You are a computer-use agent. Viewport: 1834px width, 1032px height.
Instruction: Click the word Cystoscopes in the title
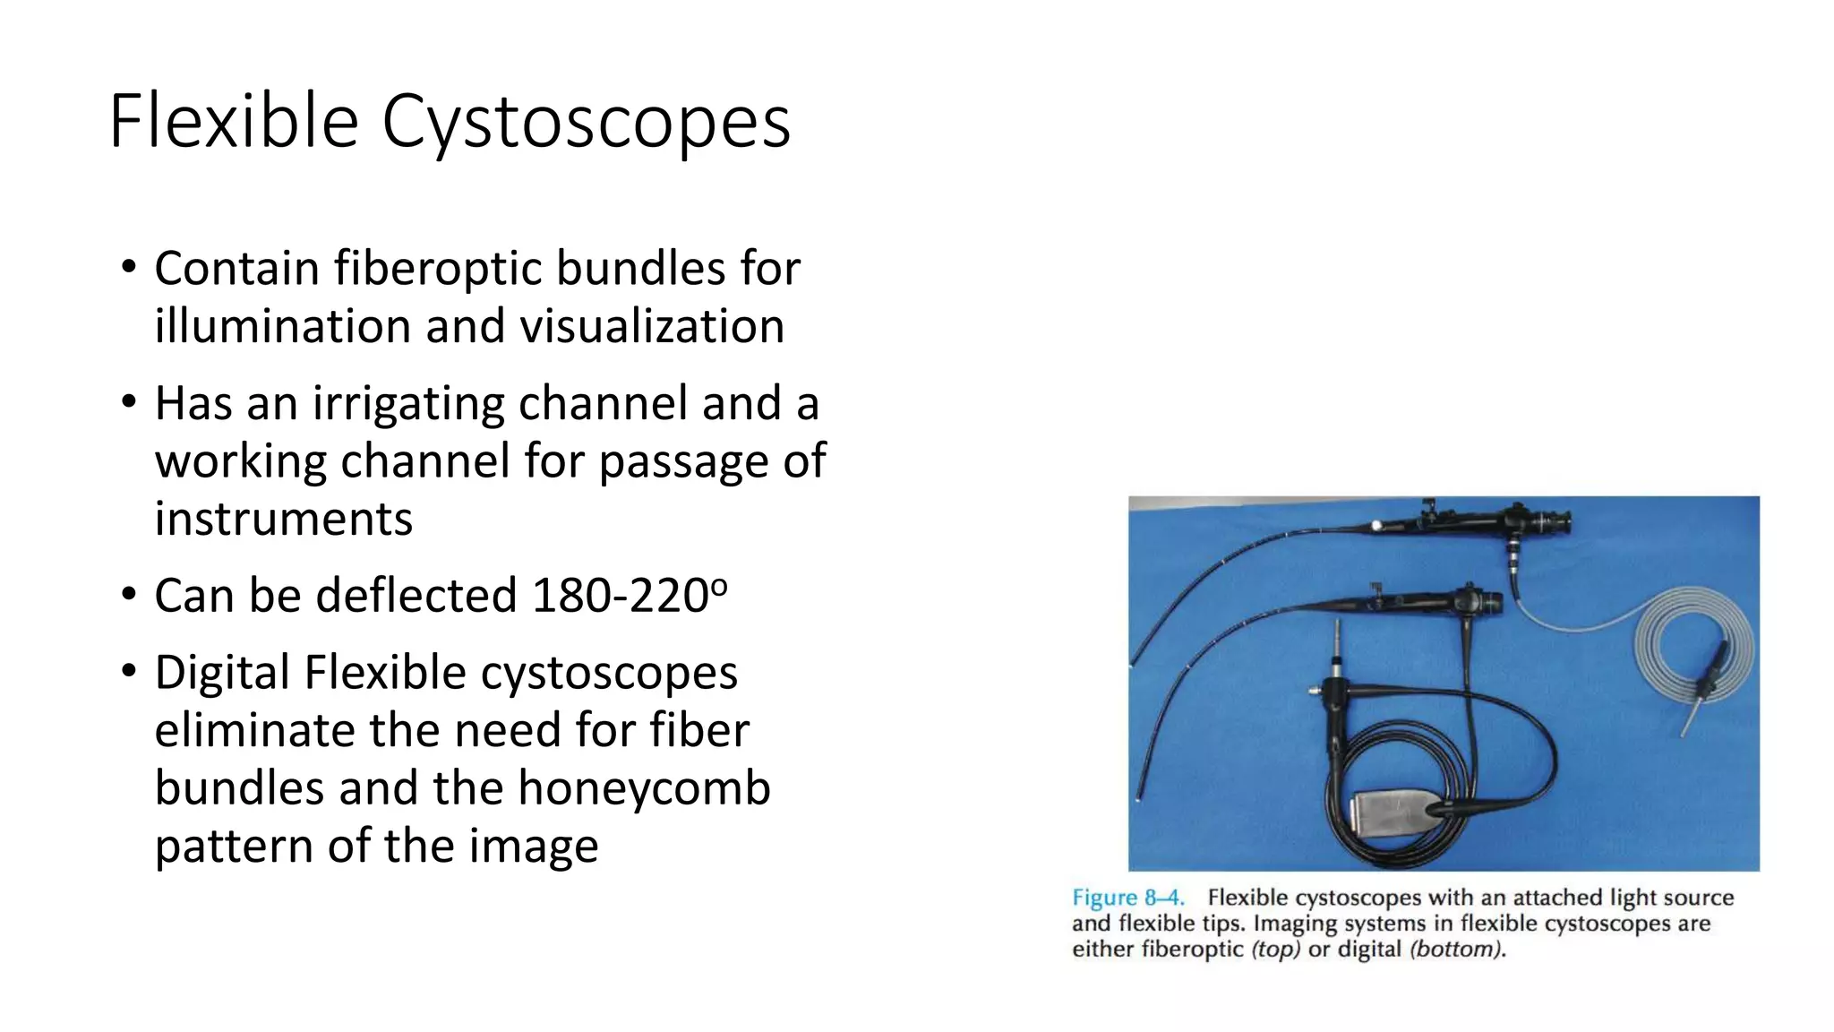coord(587,123)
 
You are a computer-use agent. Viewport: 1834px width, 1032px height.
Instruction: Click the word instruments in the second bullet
coord(283,520)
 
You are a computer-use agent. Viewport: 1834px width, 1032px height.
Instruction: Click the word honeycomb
coord(644,789)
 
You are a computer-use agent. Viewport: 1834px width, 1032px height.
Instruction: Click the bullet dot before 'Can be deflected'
coord(129,594)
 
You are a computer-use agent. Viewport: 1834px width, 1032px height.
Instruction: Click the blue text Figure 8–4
coord(1127,898)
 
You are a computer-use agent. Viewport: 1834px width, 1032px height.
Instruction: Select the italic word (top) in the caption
coord(1275,950)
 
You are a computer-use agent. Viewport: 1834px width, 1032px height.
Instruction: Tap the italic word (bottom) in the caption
coord(1456,950)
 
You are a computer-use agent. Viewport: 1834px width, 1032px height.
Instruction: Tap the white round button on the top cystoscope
coord(1377,526)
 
